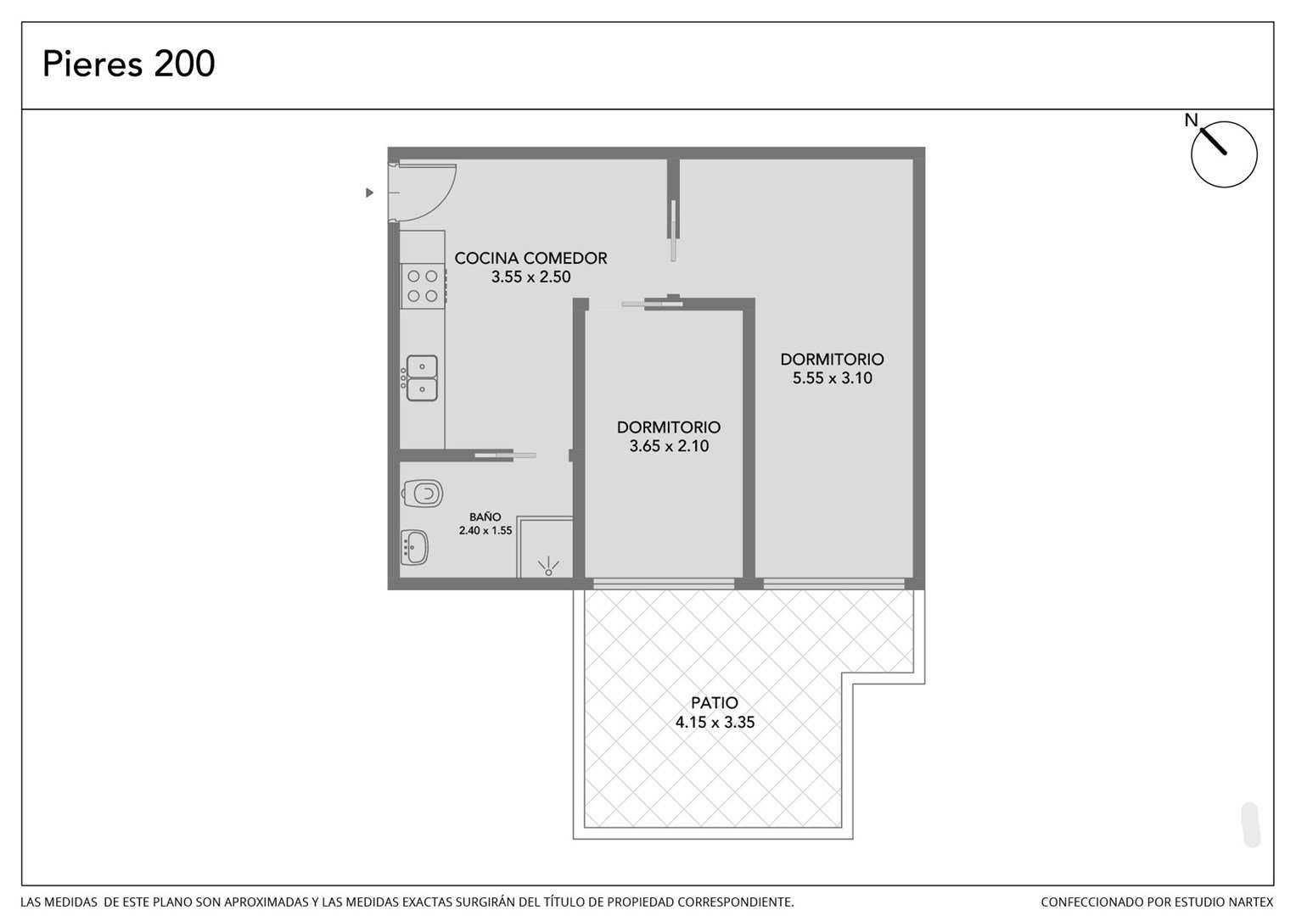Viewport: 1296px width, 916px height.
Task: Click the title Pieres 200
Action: pyautogui.click(x=128, y=64)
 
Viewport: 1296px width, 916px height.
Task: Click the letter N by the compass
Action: pyautogui.click(x=1192, y=120)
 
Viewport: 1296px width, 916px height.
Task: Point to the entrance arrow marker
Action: pyautogui.click(x=369, y=193)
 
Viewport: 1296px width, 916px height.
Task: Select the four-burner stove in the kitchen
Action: pyautogui.click(x=423, y=287)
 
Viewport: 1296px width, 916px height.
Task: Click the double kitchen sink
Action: pyautogui.click(x=421, y=378)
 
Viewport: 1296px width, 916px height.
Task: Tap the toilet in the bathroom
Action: pyautogui.click(x=423, y=494)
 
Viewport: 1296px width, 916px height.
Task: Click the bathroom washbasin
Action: pyautogui.click(x=414, y=548)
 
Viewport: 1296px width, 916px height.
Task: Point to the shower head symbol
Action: pyautogui.click(x=548, y=567)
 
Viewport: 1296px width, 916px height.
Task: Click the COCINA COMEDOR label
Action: pyautogui.click(x=530, y=258)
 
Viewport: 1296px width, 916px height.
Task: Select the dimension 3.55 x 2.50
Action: pyautogui.click(x=530, y=277)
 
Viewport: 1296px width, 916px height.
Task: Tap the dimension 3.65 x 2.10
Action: pyautogui.click(x=669, y=446)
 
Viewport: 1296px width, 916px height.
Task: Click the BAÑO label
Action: pyautogui.click(x=485, y=517)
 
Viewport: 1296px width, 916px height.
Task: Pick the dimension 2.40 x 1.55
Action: pyautogui.click(x=485, y=530)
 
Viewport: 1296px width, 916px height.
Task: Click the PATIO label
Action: pyautogui.click(x=715, y=703)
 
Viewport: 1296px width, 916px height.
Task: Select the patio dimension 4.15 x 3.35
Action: pyautogui.click(x=715, y=723)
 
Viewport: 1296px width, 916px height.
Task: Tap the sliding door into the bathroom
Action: pyautogui.click(x=505, y=455)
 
